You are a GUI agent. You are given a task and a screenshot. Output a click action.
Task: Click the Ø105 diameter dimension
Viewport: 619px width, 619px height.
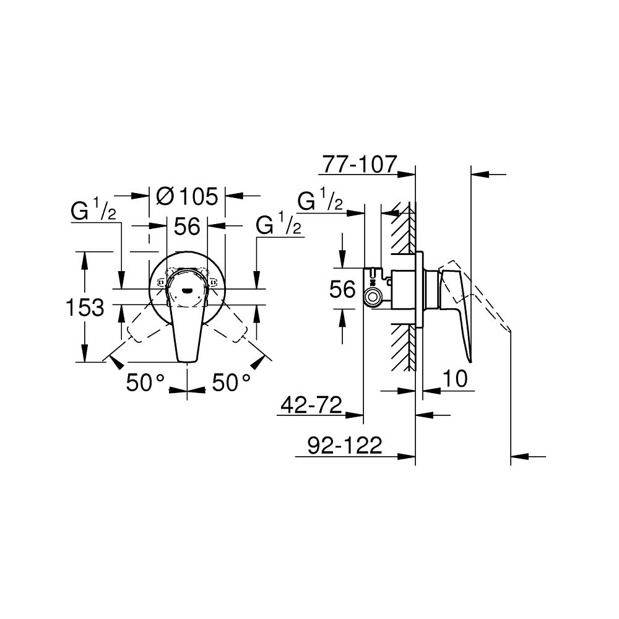187,196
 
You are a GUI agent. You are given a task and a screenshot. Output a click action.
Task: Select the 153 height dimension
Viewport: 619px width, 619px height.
85,307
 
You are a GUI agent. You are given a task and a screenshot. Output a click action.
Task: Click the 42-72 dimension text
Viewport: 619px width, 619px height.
311,405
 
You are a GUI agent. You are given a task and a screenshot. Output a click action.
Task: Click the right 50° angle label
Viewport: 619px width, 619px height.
232,383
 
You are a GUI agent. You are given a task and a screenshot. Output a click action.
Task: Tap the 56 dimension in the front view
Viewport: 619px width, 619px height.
186,227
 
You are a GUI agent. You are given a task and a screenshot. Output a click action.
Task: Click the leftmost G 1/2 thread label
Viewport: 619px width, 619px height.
95,212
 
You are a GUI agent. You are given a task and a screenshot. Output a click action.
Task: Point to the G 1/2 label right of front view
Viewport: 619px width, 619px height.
279,226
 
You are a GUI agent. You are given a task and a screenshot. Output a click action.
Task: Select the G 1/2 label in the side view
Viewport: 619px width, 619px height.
321,202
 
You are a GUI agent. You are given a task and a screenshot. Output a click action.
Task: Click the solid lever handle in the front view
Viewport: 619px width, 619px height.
186,328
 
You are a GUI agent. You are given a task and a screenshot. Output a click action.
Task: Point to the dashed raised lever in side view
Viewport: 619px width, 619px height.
489,309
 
